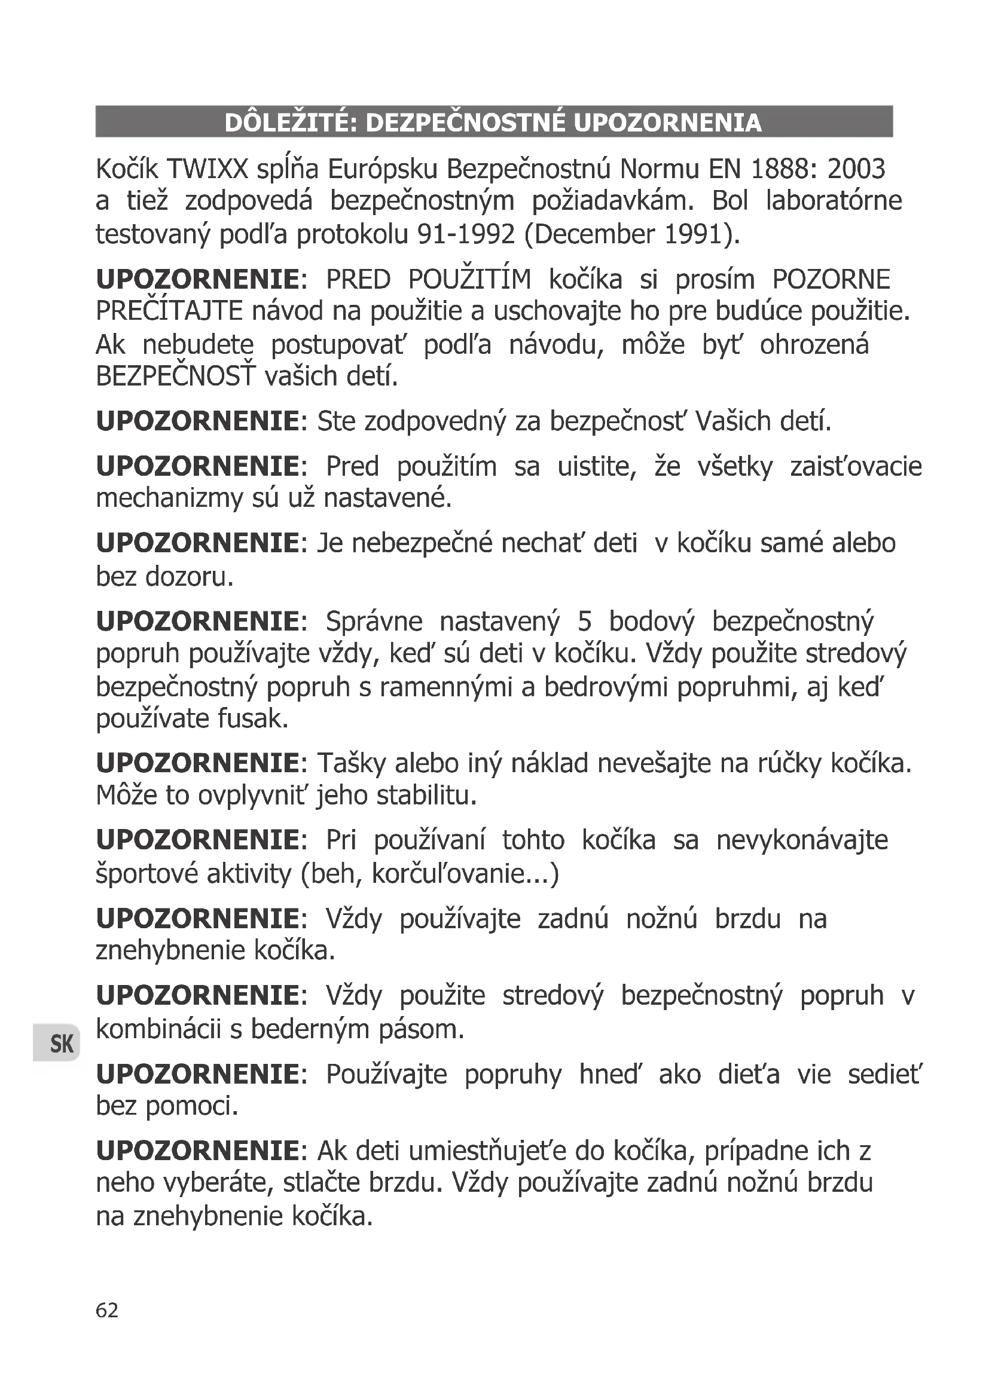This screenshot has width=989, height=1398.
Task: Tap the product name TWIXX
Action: [207, 169]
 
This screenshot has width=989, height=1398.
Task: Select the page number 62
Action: [107, 1309]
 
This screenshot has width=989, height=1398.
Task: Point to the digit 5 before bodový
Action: [585, 622]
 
